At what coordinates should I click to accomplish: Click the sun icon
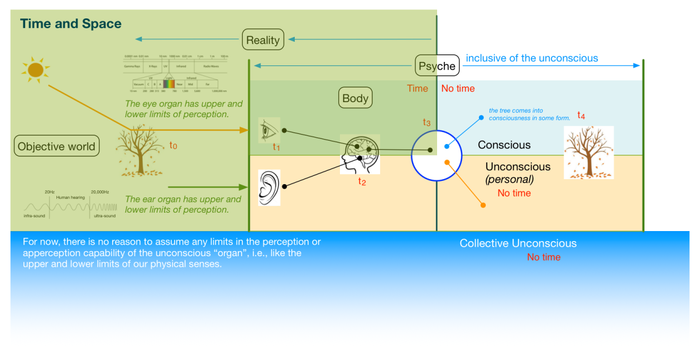click(36, 70)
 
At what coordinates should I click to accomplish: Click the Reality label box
click(263, 40)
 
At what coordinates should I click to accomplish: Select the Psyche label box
click(437, 66)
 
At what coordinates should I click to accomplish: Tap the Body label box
click(356, 99)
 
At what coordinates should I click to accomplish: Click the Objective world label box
click(56, 147)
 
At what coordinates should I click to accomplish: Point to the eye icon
click(269, 131)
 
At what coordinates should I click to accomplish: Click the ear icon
click(269, 188)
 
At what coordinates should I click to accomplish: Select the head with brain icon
click(360, 154)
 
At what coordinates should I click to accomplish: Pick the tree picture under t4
click(588, 152)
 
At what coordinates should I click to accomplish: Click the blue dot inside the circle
click(447, 146)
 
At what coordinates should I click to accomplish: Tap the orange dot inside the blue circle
click(447, 162)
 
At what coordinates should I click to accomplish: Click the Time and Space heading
click(71, 24)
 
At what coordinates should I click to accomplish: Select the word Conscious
click(504, 145)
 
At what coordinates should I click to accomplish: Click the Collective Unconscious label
click(518, 243)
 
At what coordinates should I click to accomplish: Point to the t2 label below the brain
click(362, 181)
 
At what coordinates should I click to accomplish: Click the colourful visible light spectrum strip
click(169, 84)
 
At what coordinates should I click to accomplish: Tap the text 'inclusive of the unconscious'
click(532, 58)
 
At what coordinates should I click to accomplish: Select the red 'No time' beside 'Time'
click(458, 88)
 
